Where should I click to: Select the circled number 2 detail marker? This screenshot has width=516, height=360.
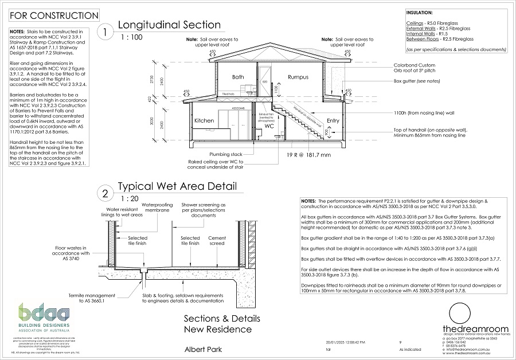pos(105,194)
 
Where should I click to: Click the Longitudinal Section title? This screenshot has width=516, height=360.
pos(169,25)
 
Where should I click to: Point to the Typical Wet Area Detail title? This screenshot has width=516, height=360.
pos(176,186)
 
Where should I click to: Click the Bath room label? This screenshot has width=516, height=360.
pos(238,77)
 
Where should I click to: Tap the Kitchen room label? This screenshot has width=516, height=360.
pos(205,121)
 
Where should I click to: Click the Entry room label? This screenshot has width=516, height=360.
pos(333,121)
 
